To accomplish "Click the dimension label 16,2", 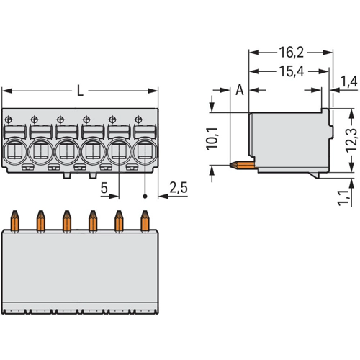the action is (x=291, y=53).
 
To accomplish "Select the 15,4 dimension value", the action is (x=291, y=71).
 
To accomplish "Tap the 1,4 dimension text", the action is (x=348, y=81).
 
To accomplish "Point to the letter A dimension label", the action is (x=240, y=90).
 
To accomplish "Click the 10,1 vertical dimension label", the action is (x=212, y=139).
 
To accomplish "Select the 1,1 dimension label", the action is (x=343, y=198).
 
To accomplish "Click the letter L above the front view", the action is (x=80, y=91).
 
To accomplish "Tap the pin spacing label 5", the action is (x=104, y=188).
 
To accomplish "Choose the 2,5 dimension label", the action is (x=179, y=187).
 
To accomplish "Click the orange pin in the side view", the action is (x=243, y=165).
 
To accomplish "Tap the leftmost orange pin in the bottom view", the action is (x=15, y=221).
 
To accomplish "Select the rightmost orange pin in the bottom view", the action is (x=145, y=221).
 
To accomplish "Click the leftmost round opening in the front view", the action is (x=14, y=151).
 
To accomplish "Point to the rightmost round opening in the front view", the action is (x=145, y=151).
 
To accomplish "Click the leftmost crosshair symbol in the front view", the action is (x=9, y=120).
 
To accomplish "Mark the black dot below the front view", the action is (x=145, y=197).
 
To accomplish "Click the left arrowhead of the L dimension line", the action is (x=6, y=91).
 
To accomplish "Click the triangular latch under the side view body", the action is (x=315, y=175).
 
